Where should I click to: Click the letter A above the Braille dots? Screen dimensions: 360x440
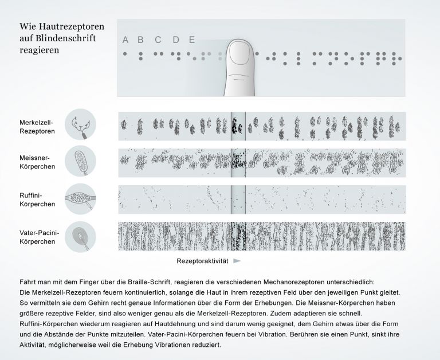click(125, 40)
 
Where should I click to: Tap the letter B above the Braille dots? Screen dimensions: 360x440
click(141, 40)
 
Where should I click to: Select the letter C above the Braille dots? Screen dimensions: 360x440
click(158, 40)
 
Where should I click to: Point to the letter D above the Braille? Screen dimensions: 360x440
click(176, 40)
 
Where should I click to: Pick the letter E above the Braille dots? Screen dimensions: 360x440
click(192, 40)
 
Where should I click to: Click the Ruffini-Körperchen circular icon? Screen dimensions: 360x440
click(80, 199)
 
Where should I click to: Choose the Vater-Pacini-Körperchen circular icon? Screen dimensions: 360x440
click(80, 236)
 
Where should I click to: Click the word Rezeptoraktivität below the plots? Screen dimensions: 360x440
click(202, 261)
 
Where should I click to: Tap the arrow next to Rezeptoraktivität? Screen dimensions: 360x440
click(237, 261)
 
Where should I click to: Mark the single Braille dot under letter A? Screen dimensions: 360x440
click(124, 54)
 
